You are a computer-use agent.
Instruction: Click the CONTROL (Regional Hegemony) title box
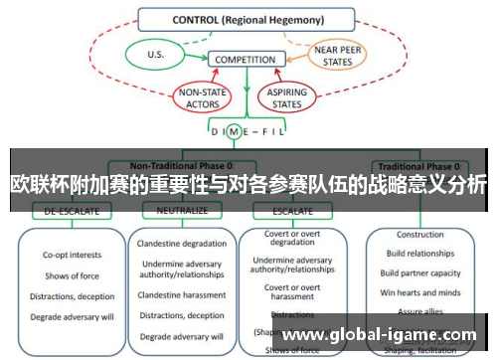246,19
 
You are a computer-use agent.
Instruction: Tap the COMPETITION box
246,60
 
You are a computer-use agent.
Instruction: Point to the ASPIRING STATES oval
284,96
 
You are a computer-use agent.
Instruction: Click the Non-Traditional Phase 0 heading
180,165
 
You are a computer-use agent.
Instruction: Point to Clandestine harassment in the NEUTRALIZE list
182,294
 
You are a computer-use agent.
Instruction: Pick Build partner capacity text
420,272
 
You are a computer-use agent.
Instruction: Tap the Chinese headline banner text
248,185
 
